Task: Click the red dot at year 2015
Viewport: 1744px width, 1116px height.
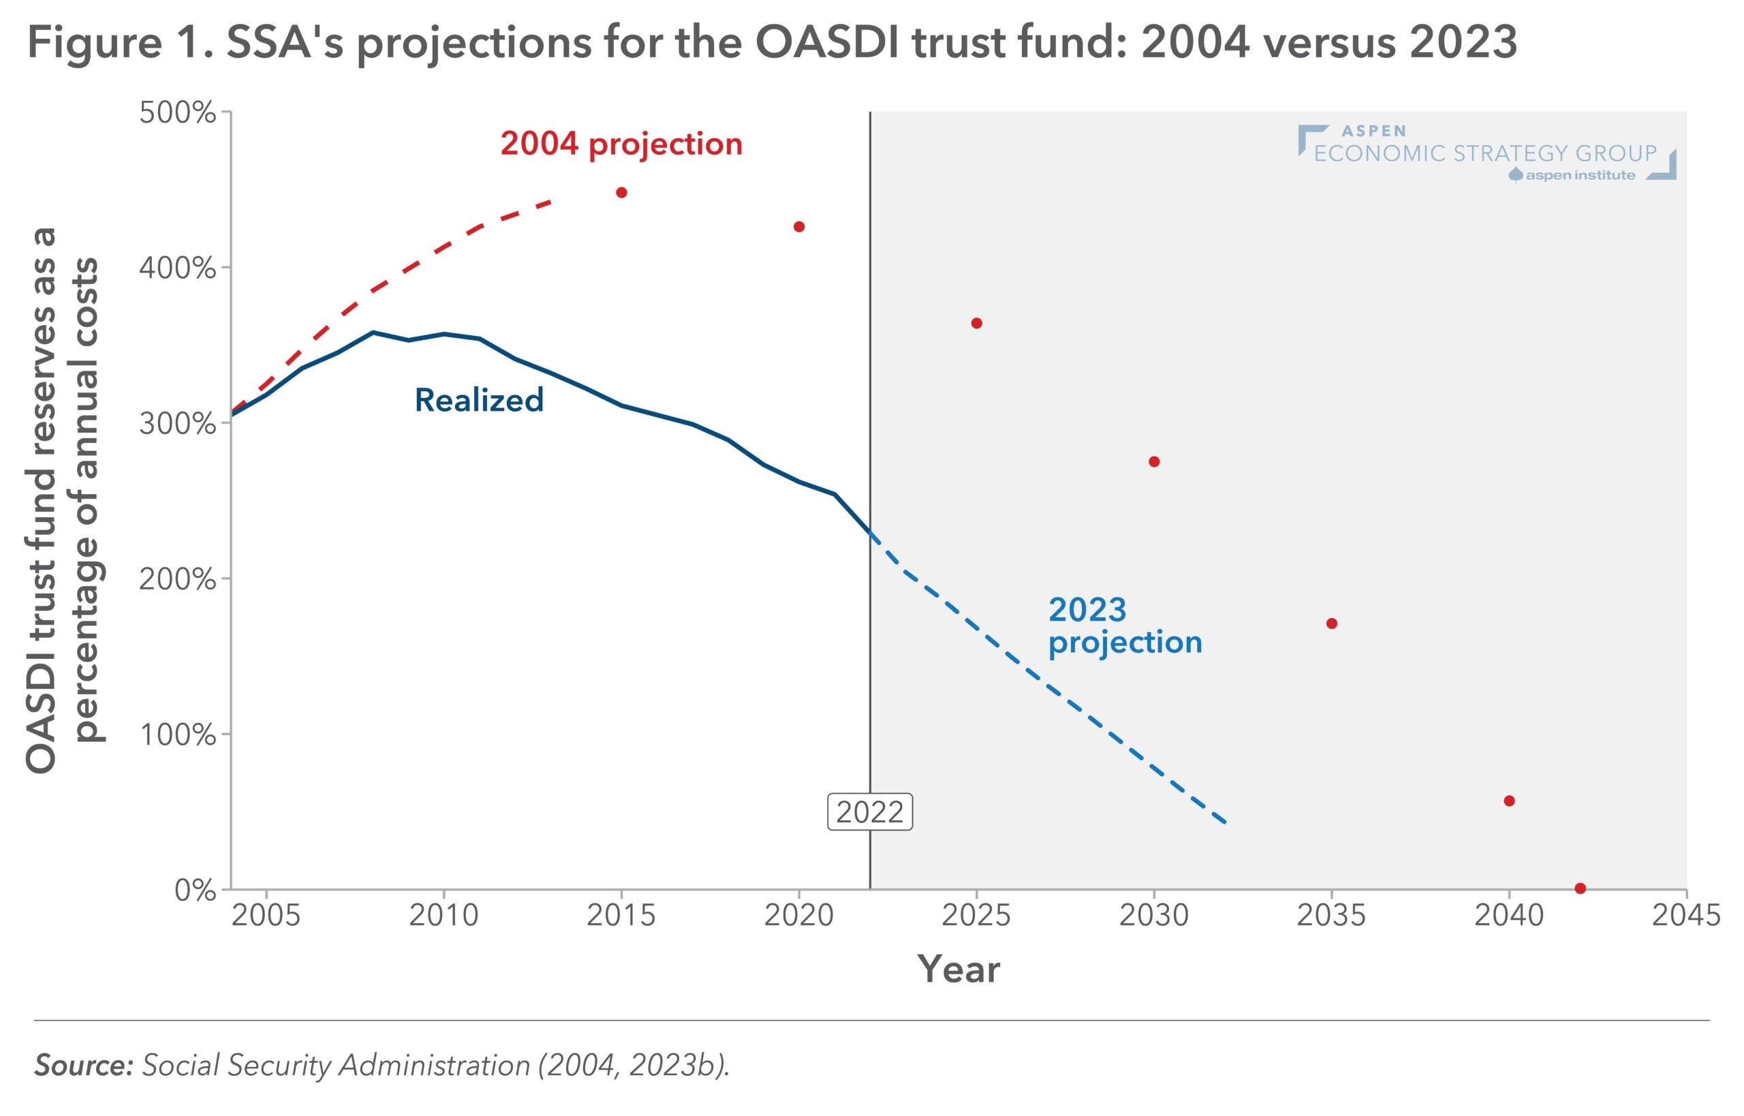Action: coord(621,193)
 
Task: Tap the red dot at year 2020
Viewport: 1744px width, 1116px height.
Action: coord(799,227)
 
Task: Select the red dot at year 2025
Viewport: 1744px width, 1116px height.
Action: coord(977,323)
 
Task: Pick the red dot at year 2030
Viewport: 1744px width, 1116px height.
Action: coord(1154,462)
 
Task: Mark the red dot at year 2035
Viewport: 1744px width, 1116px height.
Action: coord(1332,623)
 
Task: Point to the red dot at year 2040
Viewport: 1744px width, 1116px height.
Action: coord(1509,801)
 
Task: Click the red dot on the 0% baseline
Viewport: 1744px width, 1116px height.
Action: coord(1580,888)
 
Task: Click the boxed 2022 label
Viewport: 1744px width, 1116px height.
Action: coord(869,812)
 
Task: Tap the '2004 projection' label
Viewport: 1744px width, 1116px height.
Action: coord(621,144)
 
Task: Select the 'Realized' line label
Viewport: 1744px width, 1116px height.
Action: coord(479,400)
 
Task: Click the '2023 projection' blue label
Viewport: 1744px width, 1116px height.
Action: coord(1125,626)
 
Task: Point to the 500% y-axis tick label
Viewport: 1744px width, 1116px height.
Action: coord(178,113)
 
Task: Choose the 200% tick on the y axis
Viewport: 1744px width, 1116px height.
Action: coord(178,579)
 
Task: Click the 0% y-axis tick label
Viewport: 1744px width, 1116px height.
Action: coord(195,890)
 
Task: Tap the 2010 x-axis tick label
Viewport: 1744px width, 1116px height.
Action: coord(443,916)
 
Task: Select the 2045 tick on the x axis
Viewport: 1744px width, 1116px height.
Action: coord(1685,916)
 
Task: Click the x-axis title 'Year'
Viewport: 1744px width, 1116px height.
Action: coord(959,969)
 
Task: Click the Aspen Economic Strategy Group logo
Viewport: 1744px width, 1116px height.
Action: coord(1485,153)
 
